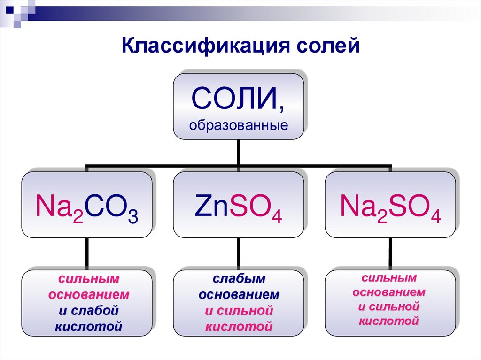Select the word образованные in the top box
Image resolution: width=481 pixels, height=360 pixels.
[239, 126]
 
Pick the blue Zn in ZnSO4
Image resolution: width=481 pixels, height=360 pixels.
[207, 207]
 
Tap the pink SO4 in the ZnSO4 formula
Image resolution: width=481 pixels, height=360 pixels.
[254, 209]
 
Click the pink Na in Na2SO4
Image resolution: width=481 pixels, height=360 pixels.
[355, 207]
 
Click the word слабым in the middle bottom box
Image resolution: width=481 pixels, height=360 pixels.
[239, 279]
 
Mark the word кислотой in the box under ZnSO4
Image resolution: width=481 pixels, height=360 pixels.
[239, 325]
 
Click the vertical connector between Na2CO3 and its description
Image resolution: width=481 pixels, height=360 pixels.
[87, 253]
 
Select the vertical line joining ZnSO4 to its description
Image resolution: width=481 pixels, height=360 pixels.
[239, 253]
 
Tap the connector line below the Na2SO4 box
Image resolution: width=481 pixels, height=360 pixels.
[390, 253]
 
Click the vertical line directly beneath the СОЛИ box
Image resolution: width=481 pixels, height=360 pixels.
[239, 153]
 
